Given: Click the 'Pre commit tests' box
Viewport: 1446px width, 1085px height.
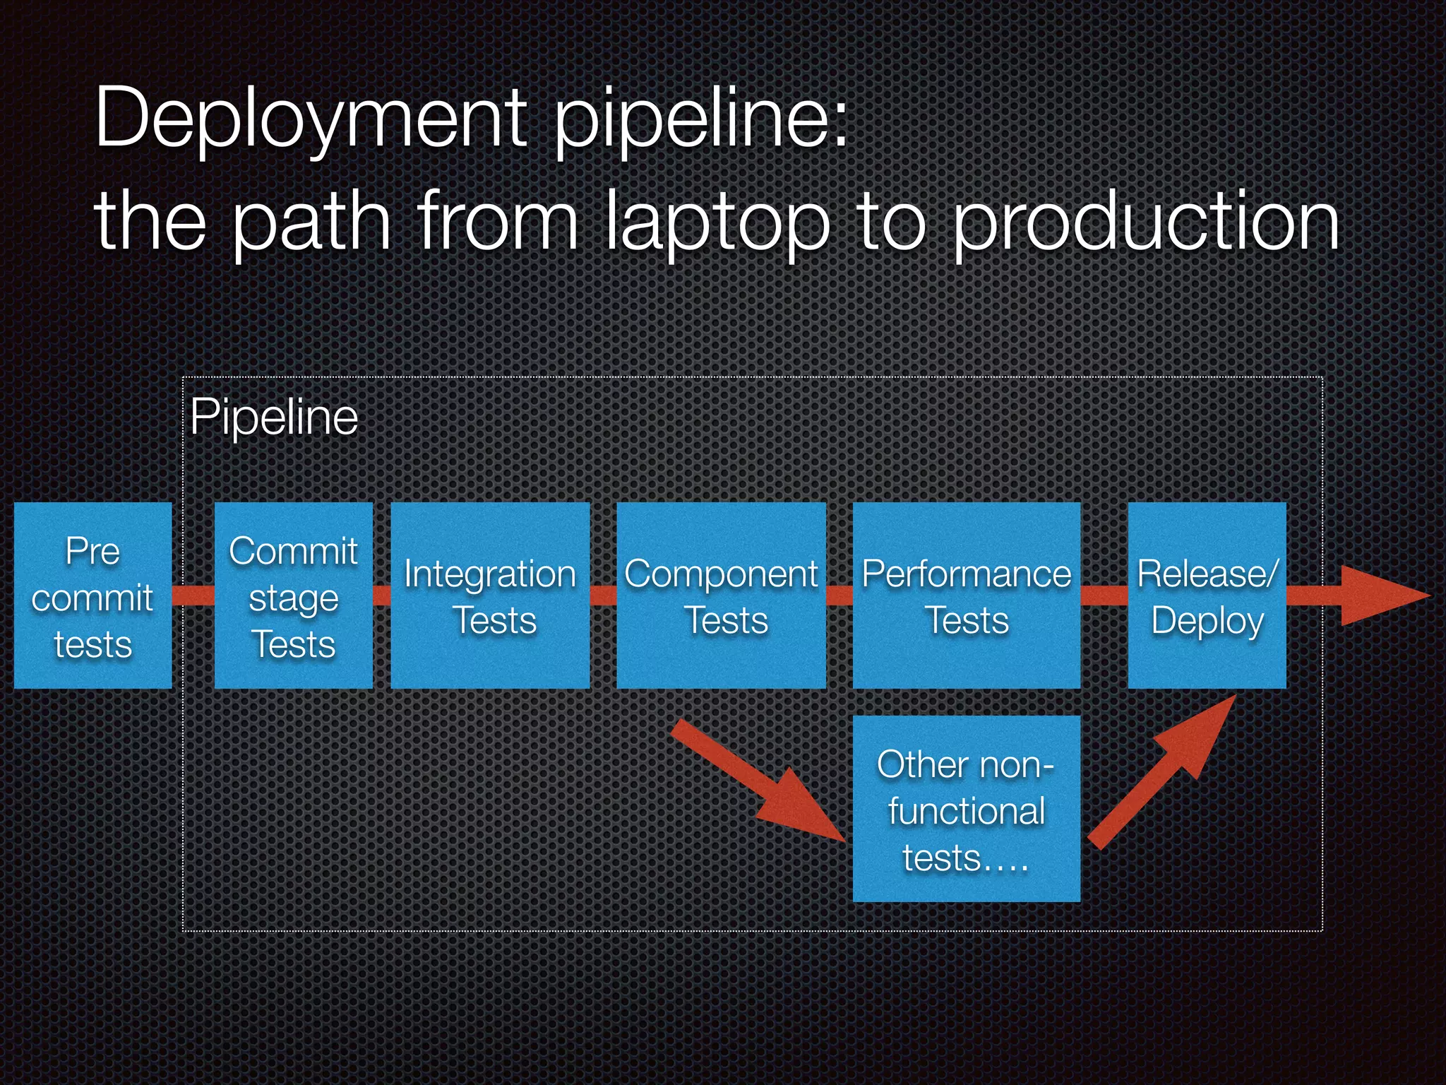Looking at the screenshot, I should point(92,595).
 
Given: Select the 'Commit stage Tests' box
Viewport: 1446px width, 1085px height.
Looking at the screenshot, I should point(293,595).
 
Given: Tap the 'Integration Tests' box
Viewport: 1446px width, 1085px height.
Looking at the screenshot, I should point(490,595).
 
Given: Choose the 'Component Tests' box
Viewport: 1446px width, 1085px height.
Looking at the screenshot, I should point(721,595).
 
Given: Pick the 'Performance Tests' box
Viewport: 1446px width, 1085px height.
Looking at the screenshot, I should point(966,595).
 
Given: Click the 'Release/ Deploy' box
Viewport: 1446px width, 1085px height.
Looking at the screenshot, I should point(1207,595).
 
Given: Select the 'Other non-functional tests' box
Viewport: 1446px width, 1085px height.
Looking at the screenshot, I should point(966,809).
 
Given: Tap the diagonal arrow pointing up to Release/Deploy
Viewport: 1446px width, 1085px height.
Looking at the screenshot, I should point(1165,770).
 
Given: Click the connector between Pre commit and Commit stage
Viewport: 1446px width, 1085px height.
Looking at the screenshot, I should point(193,595).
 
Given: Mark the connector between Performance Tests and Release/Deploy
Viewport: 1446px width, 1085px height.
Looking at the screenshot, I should point(1104,595).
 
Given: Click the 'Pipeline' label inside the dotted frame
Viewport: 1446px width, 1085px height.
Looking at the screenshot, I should point(274,417).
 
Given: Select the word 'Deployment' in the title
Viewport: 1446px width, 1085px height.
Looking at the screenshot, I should point(311,119).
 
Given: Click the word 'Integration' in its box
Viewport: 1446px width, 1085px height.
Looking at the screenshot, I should point(490,573).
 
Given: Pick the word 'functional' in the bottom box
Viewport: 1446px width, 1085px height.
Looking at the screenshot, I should point(966,810).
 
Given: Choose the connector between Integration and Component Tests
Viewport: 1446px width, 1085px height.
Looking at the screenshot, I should point(603,595).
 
